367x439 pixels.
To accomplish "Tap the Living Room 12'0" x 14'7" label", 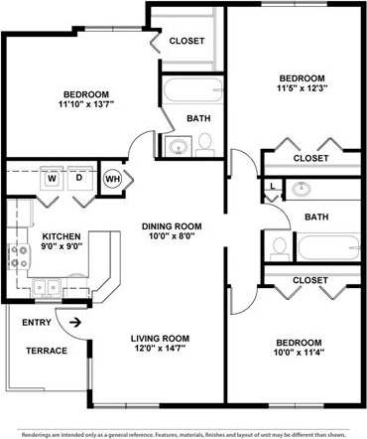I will (160, 344).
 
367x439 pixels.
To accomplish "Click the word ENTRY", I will (36, 322).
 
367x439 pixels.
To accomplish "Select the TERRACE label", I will (47, 351).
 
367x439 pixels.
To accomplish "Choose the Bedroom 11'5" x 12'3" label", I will (302, 84).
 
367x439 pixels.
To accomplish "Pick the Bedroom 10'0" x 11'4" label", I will (300, 347).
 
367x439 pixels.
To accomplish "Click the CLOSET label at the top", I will (186, 41).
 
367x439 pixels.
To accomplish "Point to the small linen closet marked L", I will (272, 185).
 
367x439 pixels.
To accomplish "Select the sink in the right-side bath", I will (302, 189).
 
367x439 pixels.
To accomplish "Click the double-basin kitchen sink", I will (46, 288).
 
